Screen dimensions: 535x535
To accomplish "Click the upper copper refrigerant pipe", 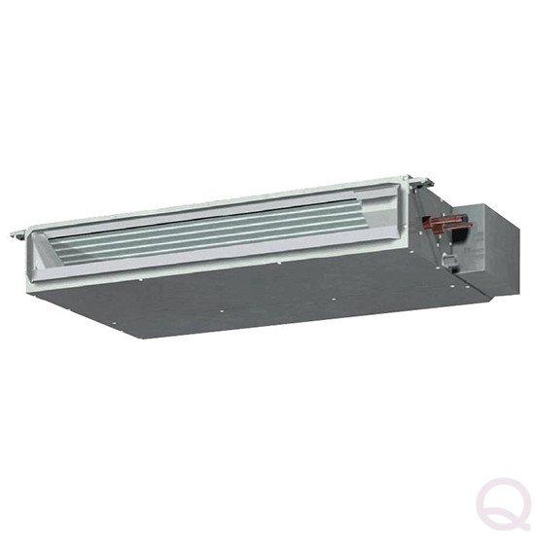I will point(451,219).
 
